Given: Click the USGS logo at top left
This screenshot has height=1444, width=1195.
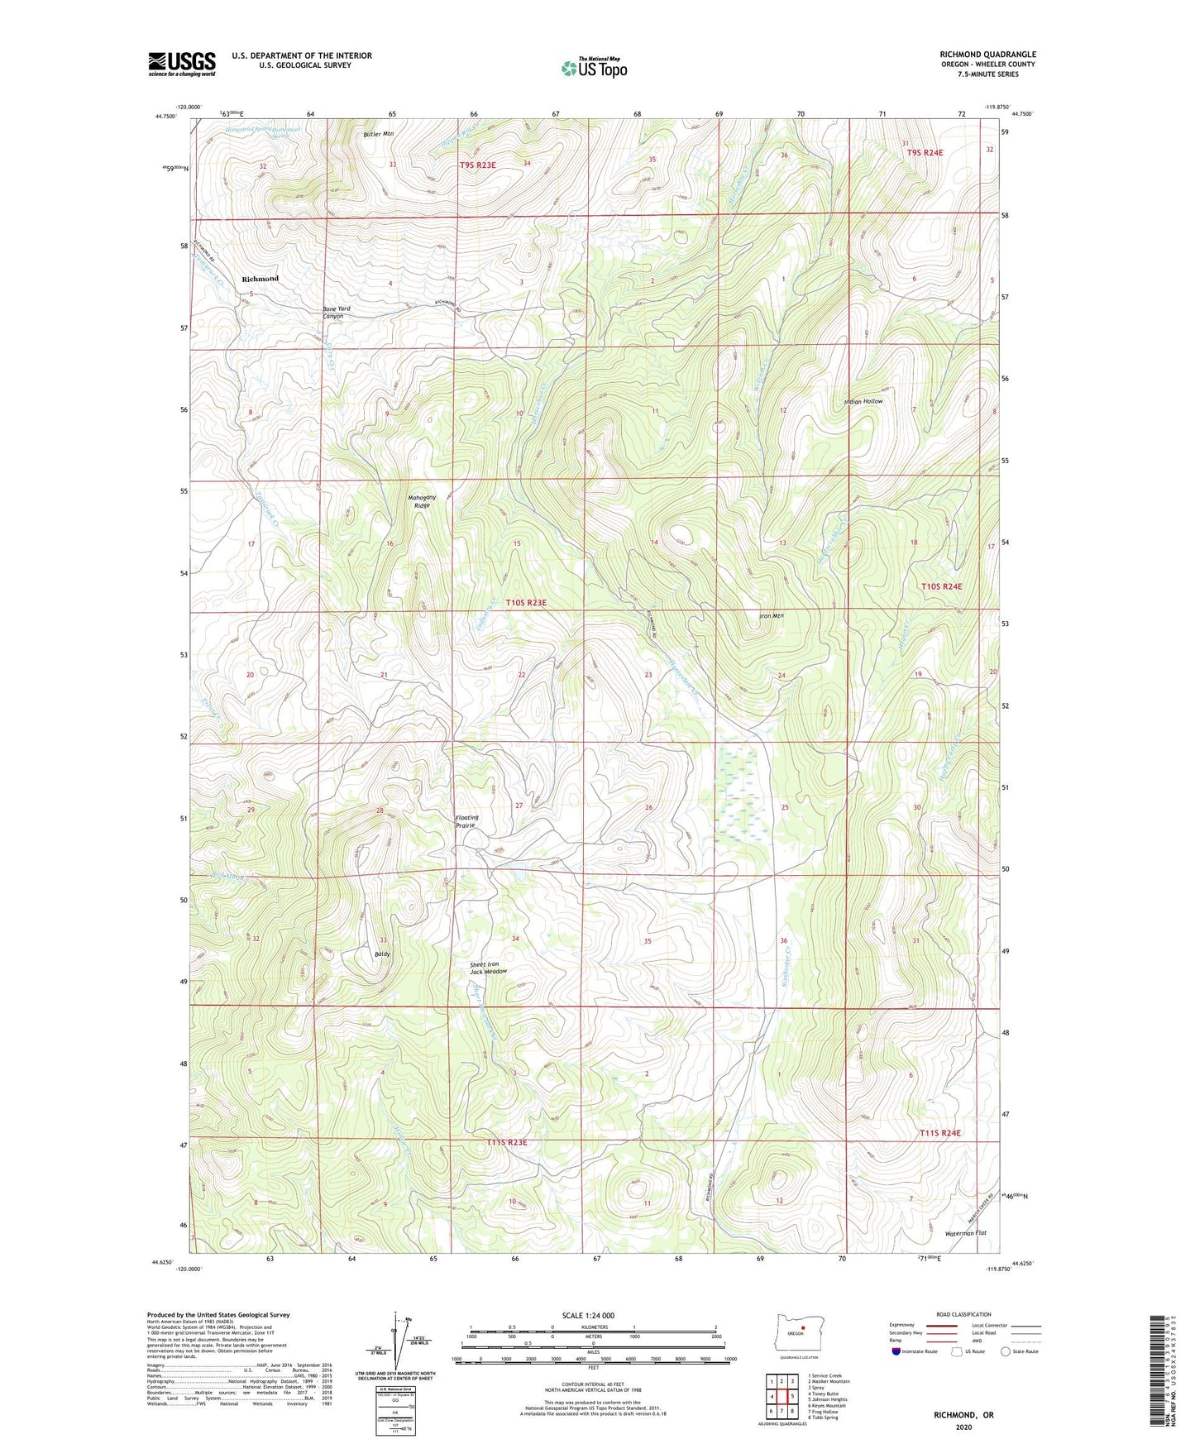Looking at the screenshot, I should click(182, 64).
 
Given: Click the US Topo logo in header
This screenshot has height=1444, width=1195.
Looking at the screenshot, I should click(593, 68).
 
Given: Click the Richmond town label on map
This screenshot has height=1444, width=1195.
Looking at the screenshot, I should click(260, 279).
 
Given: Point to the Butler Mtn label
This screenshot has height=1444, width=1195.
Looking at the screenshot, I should click(379, 133).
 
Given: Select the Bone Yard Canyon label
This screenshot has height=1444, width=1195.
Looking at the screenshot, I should click(337, 313).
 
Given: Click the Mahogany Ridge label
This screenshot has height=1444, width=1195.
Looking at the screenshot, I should click(422, 501).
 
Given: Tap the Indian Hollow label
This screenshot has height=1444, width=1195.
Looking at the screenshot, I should click(863, 401).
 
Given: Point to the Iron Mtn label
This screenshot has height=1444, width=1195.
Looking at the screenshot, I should click(771, 615).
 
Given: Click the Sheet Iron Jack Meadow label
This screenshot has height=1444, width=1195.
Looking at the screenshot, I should click(488, 968).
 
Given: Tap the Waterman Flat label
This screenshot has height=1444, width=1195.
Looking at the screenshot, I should click(966, 1233).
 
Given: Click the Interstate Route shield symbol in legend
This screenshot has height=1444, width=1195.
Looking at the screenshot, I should click(897, 1351).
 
